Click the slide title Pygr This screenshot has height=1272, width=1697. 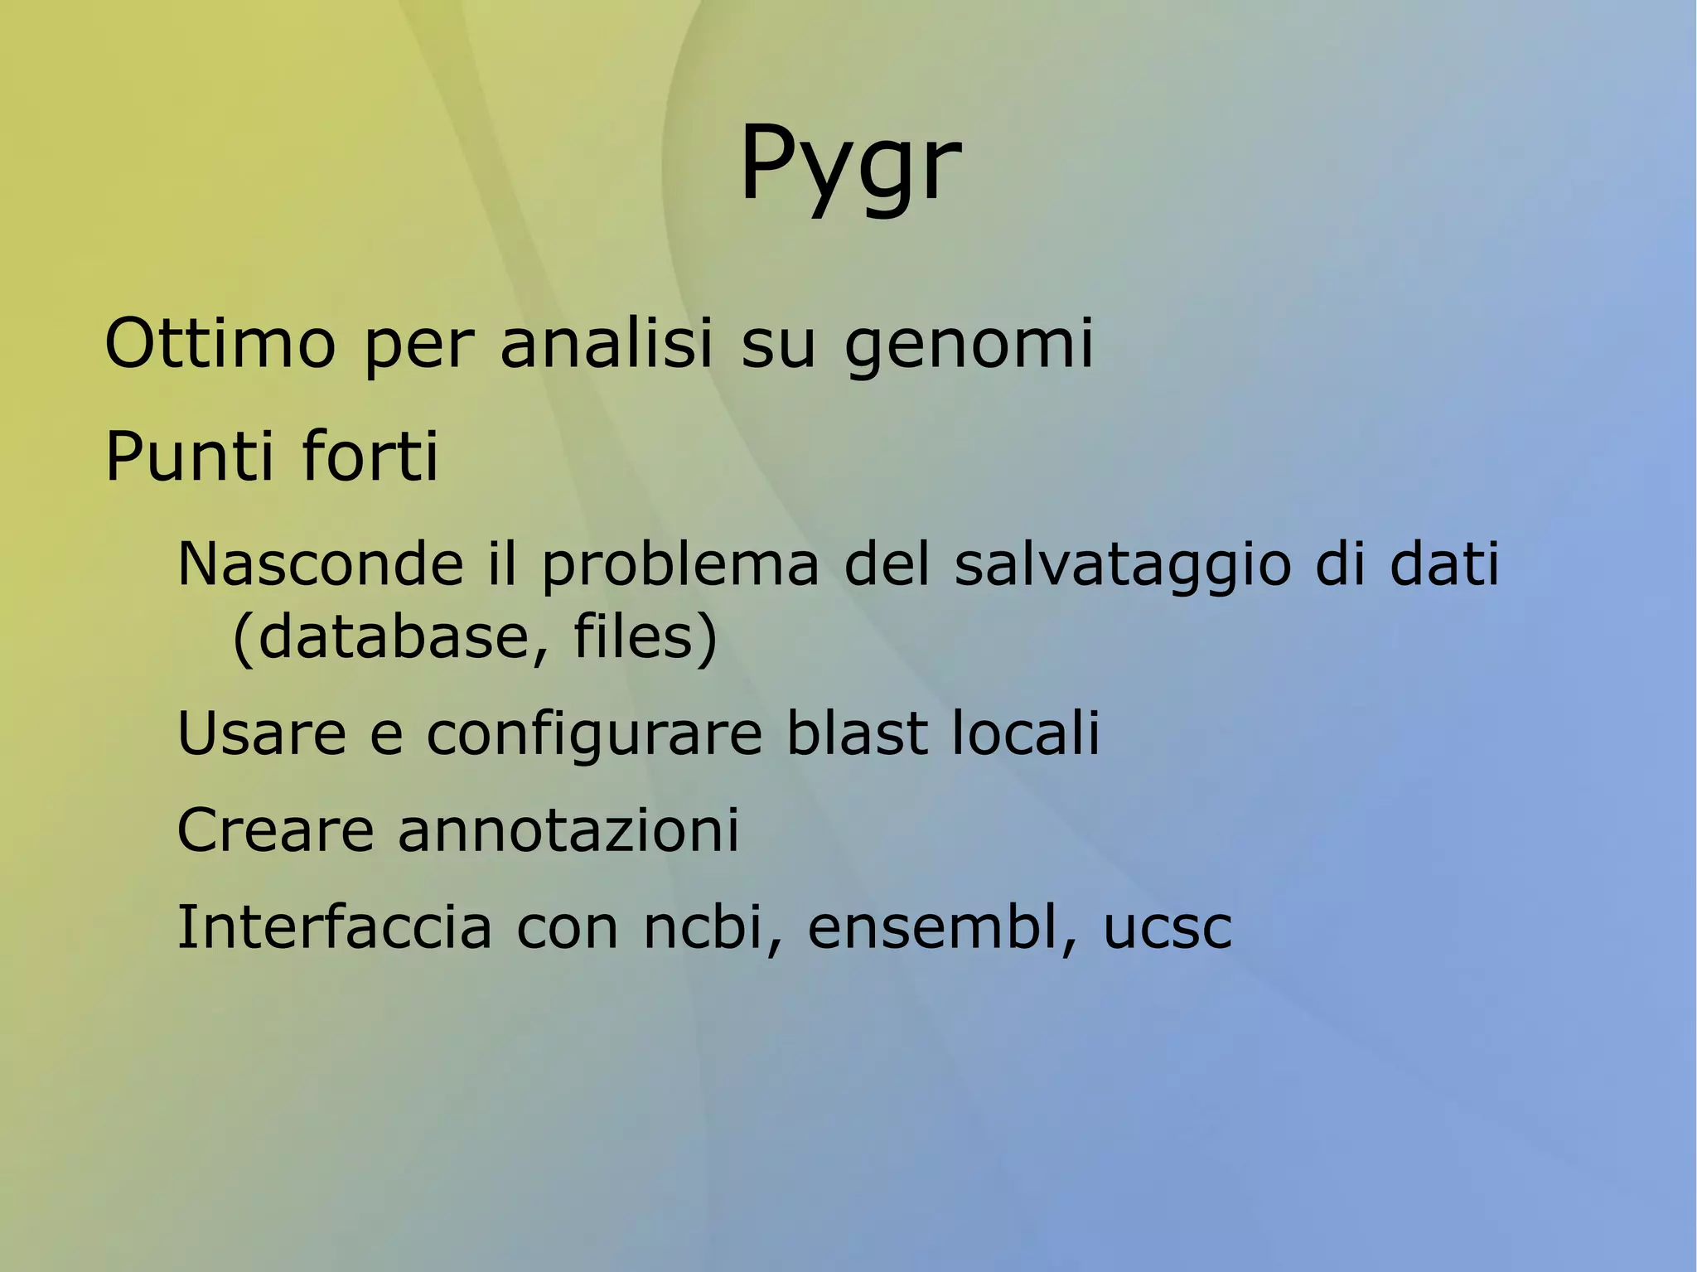click(x=849, y=164)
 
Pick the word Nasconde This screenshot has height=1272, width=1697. click(x=320, y=564)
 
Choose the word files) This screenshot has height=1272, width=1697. click(x=645, y=637)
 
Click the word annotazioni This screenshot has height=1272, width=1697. click(x=568, y=830)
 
